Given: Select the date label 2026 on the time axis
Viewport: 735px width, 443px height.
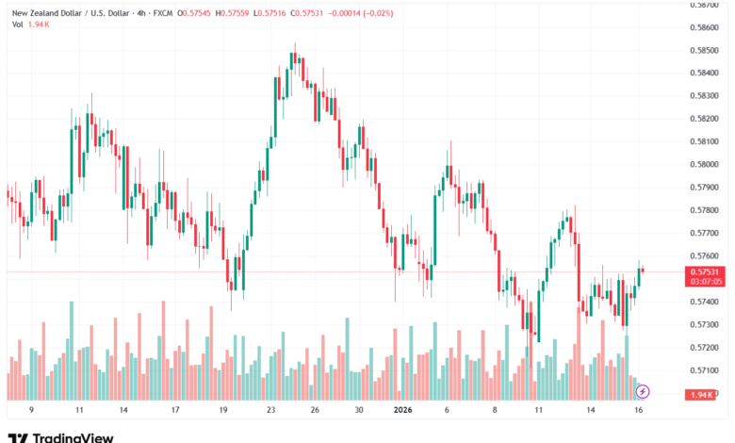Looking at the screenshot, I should (403, 411).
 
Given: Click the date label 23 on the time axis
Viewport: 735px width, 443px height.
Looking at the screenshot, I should (271, 411).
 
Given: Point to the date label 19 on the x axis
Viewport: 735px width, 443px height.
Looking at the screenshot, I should (222, 411).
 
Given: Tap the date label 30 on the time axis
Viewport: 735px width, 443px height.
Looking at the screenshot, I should (358, 411).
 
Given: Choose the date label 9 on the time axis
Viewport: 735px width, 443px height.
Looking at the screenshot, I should (31, 411).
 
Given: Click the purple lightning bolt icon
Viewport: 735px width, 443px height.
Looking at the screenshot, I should (643, 390).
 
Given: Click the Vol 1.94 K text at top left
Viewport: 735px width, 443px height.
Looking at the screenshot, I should (30, 24).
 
